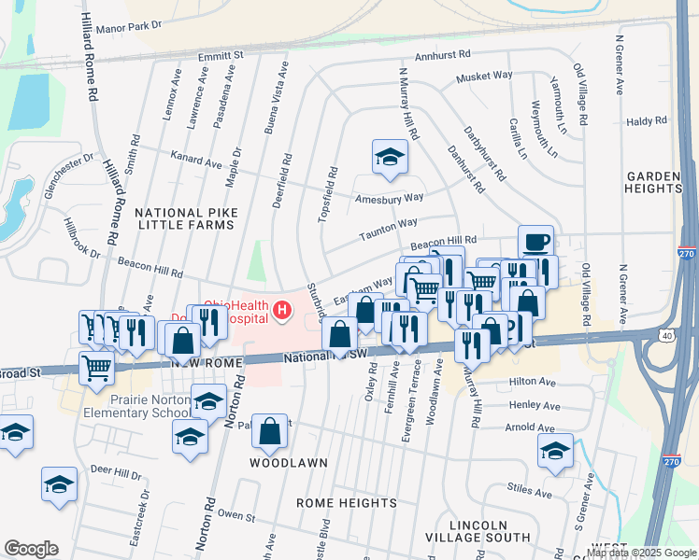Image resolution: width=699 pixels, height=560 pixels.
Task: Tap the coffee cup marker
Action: coord(535,243)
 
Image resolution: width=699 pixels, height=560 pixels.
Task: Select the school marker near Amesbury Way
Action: coord(390,158)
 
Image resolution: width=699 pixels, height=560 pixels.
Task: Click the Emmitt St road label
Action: coord(221,56)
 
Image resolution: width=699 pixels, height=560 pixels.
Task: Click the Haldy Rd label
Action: coord(647,121)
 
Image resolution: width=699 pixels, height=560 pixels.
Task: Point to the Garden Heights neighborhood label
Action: coord(654,182)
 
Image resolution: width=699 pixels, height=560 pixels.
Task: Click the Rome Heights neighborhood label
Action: coord(347,503)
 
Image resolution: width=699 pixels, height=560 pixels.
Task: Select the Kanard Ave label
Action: coord(194,161)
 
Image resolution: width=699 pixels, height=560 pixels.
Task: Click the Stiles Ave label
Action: coord(529,490)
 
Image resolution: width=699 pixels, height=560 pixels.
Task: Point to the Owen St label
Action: coord(235,514)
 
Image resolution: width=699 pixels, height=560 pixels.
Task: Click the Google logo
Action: coord(31,549)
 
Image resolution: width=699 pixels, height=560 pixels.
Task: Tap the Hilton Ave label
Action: coord(533,382)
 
